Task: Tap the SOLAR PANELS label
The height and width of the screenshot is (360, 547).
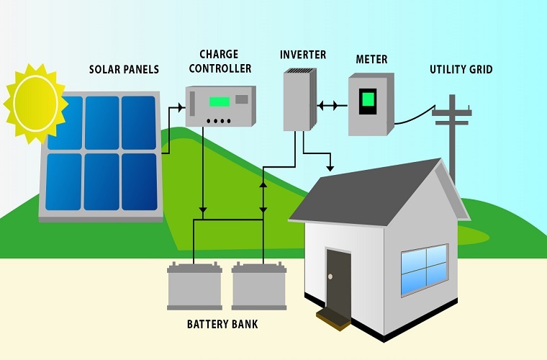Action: [124, 70]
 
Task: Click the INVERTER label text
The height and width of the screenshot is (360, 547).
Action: [302, 55]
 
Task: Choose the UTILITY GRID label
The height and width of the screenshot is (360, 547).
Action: [461, 70]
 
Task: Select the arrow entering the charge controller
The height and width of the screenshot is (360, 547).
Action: [177, 108]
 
